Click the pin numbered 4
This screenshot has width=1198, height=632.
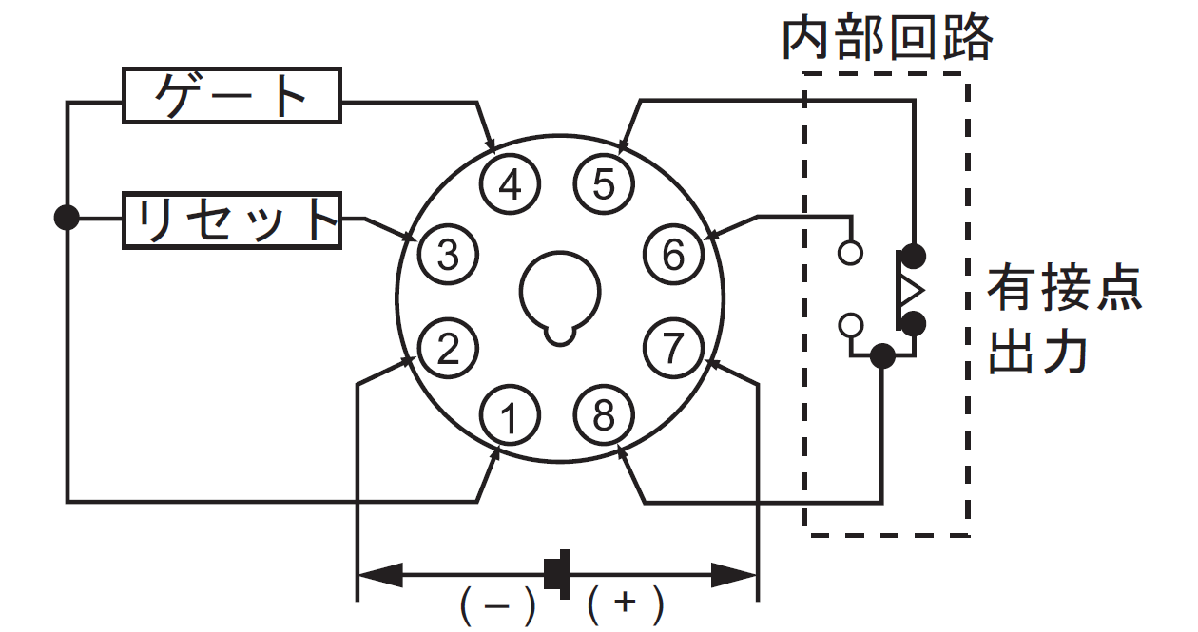click(510, 184)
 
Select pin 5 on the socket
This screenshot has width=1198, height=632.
click(604, 184)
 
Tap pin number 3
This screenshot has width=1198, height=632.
click(448, 254)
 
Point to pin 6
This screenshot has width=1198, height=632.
click(673, 254)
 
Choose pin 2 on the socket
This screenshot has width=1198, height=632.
click(448, 349)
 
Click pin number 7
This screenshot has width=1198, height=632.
click(673, 349)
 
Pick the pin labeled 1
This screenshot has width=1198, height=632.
click(510, 415)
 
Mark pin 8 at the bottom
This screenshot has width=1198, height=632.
click(604, 415)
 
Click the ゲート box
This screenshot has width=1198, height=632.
click(232, 96)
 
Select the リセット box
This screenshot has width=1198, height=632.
click(232, 220)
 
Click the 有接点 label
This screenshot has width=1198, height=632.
click(1064, 288)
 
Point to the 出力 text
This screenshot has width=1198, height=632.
click(1037, 352)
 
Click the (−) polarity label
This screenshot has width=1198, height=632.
click(497, 606)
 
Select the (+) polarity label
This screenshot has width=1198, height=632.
click(626, 606)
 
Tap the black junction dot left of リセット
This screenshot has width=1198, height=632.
click(67, 218)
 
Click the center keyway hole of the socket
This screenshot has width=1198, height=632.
click(560, 297)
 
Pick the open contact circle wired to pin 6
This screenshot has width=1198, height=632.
click(850, 252)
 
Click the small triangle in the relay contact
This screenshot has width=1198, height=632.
click(911, 291)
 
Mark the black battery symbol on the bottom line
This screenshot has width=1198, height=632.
click(557, 574)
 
